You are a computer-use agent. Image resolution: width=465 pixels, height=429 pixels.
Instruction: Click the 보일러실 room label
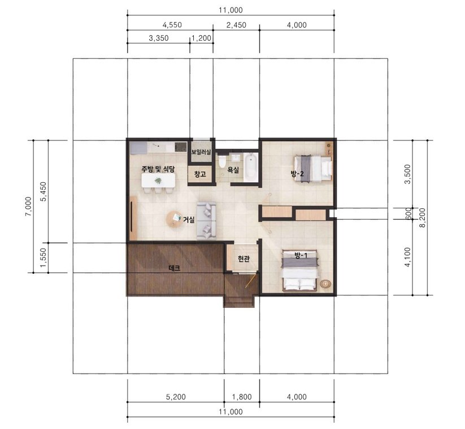201,152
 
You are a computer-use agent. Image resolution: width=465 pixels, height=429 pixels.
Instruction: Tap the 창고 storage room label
200,174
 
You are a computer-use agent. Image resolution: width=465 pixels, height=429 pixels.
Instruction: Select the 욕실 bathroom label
233,170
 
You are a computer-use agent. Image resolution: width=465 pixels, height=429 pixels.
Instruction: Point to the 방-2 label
297,174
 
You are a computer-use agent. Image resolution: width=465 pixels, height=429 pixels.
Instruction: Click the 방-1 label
301,255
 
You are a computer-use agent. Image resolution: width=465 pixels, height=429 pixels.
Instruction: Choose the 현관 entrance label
244,259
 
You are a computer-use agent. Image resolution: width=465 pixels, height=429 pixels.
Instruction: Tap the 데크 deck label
175,268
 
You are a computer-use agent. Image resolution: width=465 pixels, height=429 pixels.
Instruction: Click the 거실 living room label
189,220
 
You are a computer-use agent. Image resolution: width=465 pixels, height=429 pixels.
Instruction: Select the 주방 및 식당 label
158,169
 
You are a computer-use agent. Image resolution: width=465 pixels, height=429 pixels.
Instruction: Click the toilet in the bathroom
222,162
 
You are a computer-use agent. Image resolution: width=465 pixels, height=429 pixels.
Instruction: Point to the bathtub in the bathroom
251,167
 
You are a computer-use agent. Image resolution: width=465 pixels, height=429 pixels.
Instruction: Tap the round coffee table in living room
175,219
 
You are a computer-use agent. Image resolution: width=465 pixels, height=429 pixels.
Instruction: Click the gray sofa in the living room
207,221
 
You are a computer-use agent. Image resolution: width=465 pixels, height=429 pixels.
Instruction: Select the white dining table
158,181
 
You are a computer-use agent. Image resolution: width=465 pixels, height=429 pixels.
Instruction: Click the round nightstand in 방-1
325,284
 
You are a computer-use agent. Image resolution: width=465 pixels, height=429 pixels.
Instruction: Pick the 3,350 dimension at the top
159,38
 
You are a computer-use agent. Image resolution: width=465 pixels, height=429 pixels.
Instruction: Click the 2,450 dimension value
236,25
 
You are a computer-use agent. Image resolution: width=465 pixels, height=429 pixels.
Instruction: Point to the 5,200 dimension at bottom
176,397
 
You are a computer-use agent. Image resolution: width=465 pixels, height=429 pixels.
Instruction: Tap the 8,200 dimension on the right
423,218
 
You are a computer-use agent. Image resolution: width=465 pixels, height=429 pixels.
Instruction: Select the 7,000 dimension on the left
28,207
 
